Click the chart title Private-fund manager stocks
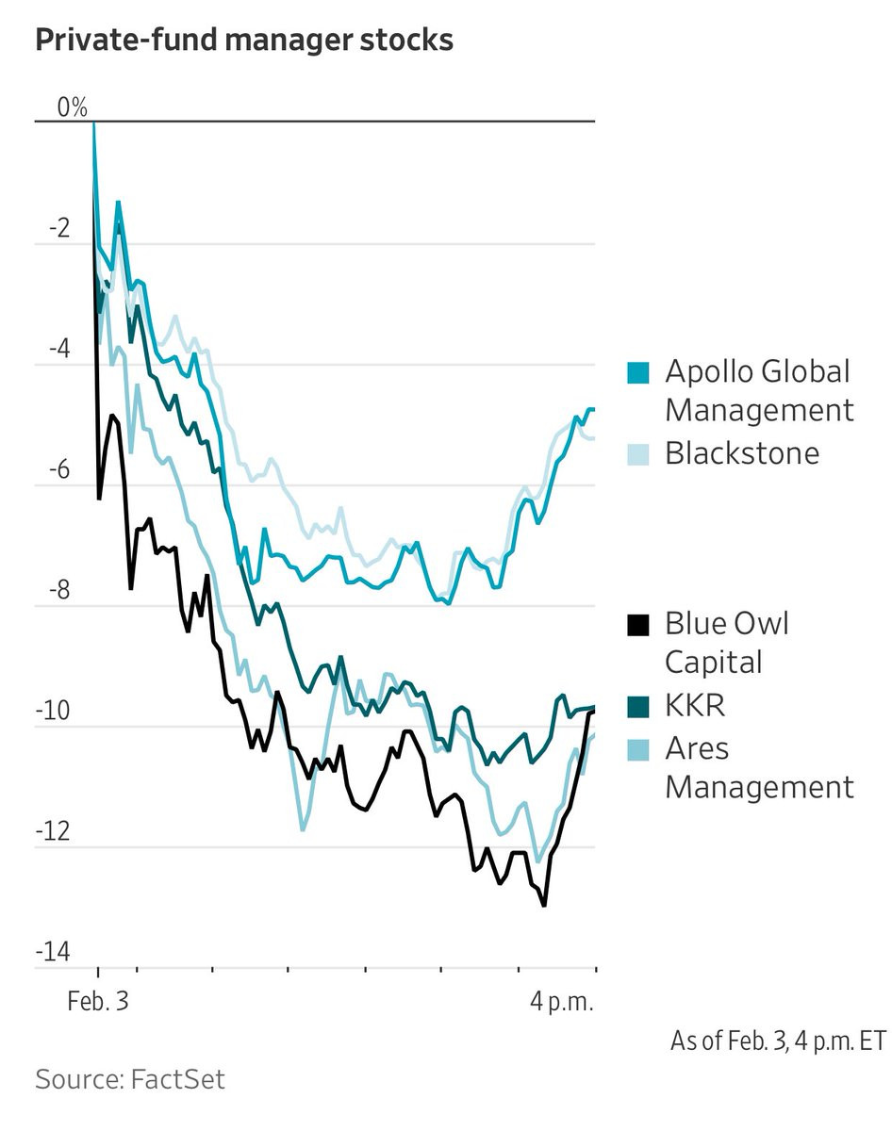click(244, 41)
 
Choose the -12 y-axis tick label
click(53, 832)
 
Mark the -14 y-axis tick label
click(53, 953)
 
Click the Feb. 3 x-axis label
click(97, 1001)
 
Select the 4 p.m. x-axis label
click(562, 1001)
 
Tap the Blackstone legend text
click(742, 453)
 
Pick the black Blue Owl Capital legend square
click(639, 625)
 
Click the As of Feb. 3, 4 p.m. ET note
click(779, 1041)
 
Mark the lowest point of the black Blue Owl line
click(544, 906)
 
